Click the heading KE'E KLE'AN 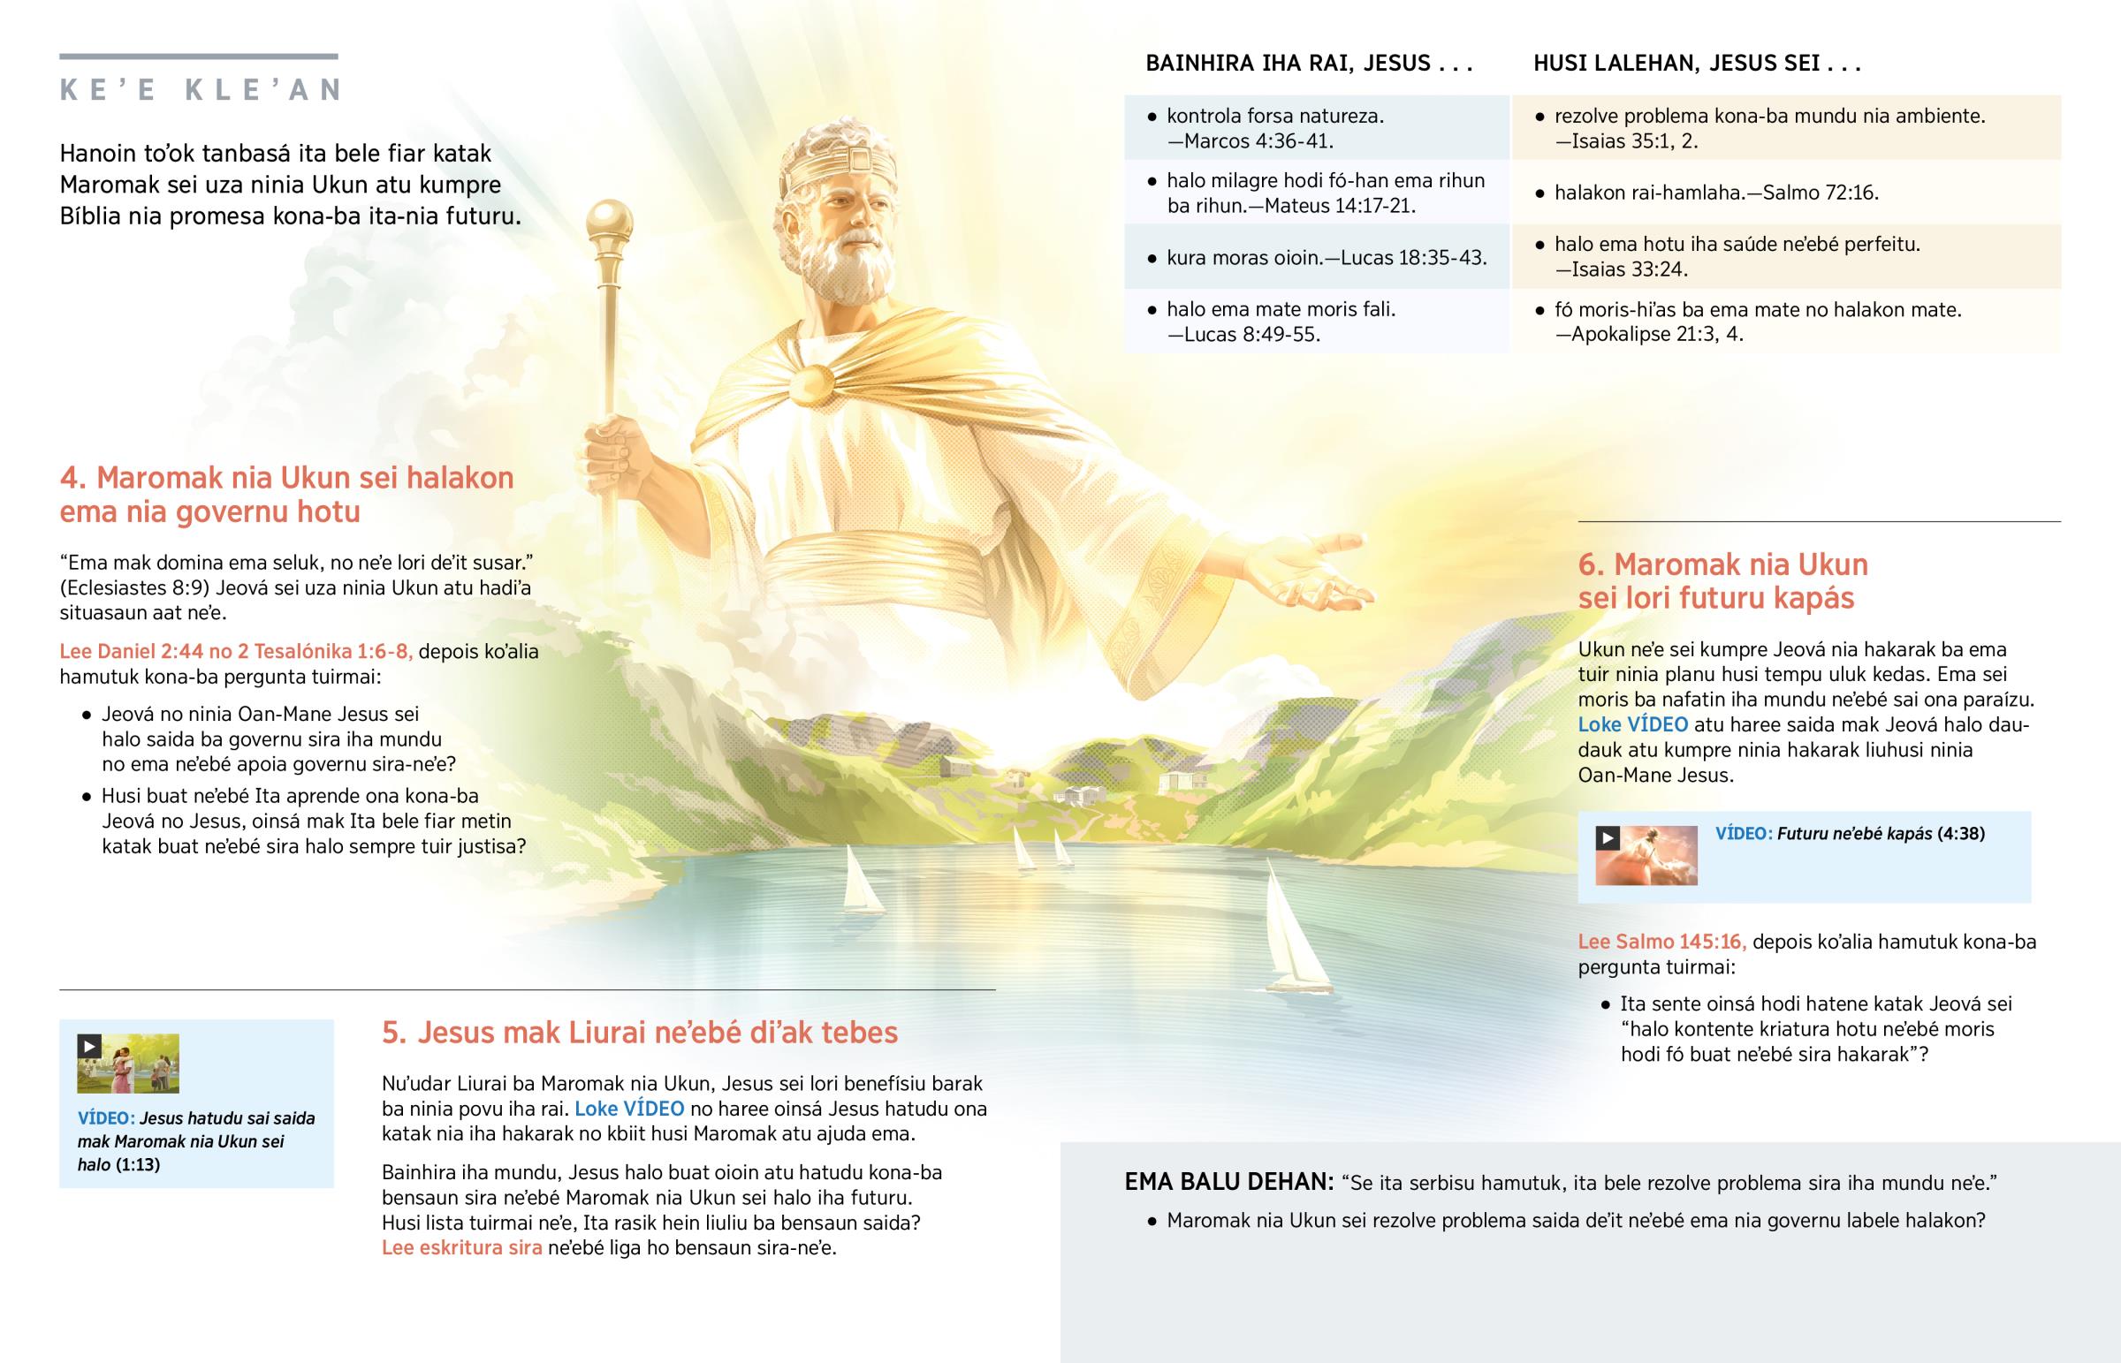click(200, 90)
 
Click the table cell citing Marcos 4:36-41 click(1316, 128)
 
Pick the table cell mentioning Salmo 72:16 click(1785, 193)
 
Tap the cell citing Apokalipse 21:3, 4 click(1785, 322)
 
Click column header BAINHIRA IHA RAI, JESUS click(1308, 64)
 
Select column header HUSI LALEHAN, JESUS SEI click(1696, 64)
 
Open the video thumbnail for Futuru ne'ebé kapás click(1646, 855)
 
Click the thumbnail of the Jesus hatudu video click(127, 1063)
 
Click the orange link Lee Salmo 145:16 click(1661, 942)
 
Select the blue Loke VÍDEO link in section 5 click(629, 1109)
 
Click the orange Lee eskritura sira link click(461, 1248)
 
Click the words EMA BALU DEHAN click(1228, 1183)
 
